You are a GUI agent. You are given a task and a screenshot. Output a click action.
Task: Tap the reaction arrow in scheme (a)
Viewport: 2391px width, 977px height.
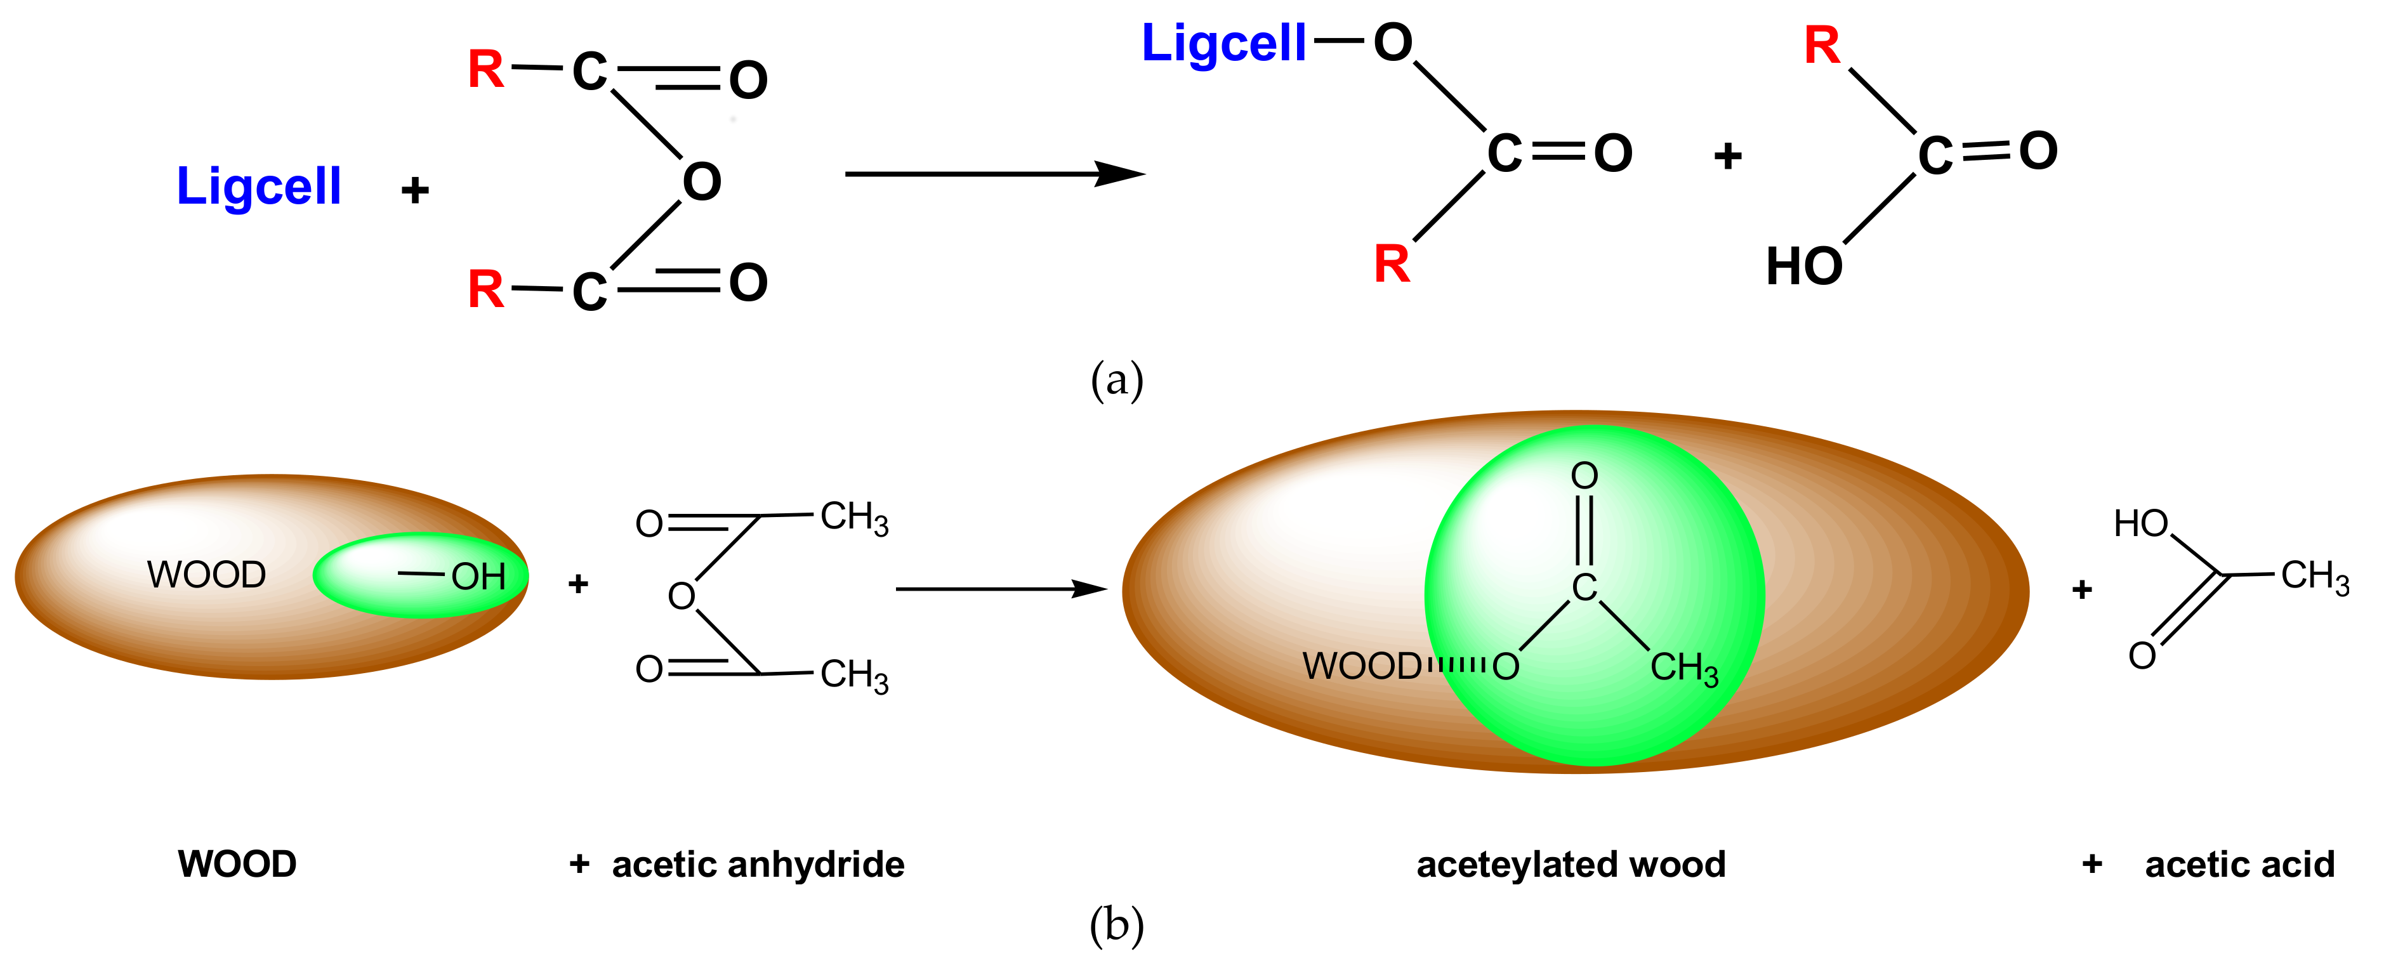(993, 173)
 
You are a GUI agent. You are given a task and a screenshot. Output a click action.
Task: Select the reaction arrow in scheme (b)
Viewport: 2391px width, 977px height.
(1001, 588)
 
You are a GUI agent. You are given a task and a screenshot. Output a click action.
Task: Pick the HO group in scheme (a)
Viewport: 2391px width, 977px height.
(1803, 266)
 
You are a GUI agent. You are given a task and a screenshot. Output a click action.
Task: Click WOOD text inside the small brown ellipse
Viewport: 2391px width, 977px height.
(206, 574)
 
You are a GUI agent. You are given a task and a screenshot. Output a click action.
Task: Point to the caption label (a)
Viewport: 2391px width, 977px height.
(1117, 381)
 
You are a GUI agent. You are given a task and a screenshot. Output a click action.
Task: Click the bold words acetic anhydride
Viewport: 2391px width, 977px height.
(758, 864)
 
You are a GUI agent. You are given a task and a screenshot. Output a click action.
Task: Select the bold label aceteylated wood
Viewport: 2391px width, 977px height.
(1571, 864)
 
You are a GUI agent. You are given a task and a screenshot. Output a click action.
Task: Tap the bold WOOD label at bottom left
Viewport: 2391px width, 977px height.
(237, 864)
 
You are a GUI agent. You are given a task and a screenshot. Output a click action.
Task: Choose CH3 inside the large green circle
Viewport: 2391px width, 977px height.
(1683, 668)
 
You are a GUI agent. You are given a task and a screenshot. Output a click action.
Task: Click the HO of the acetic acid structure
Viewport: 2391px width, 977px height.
(2140, 524)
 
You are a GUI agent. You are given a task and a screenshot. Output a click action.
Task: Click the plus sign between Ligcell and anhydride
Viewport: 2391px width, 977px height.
(415, 190)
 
